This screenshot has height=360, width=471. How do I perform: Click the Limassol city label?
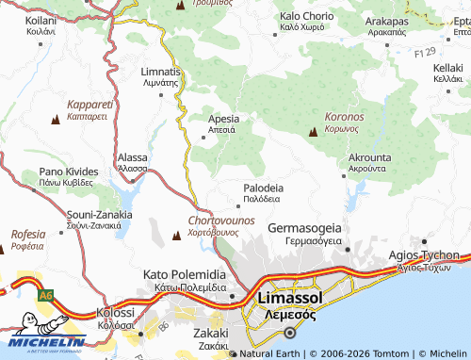(x=290, y=298)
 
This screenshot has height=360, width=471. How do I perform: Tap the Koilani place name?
(x=41, y=19)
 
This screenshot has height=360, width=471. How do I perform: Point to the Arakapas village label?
(x=388, y=21)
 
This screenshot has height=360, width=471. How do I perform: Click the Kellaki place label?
(x=447, y=68)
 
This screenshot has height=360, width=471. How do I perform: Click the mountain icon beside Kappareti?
(x=55, y=119)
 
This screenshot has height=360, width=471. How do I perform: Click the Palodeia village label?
(x=263, y=188)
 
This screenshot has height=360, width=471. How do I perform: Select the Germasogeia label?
(x=304, y=228)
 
